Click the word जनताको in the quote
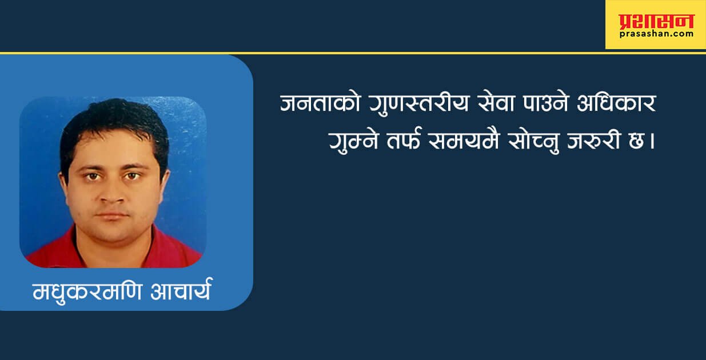click(320, 102)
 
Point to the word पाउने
click(545, 102)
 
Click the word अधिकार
click(616, 102)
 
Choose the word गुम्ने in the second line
click(354, 141)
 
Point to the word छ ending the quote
click(636, 141)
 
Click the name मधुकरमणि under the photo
click(87, 292)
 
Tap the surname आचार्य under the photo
click(180, 290)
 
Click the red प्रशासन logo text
click(656, 22)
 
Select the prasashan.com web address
click(656, 34)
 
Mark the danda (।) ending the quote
click(652, 141)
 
